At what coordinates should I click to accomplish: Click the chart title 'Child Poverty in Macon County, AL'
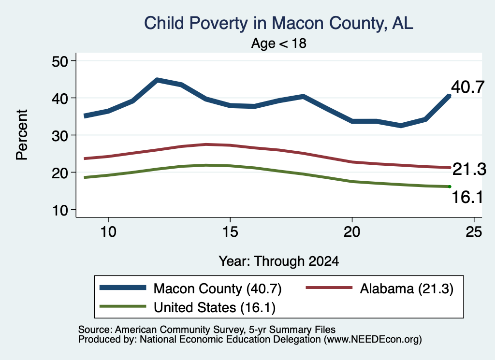[278, 23]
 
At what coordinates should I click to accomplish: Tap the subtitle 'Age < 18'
[279, 43]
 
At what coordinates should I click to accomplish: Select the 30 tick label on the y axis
[60, 136]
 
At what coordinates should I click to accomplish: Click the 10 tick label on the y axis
[60, 210]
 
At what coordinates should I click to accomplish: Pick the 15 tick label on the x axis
[230, 232]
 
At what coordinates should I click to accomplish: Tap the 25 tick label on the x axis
[474, 232]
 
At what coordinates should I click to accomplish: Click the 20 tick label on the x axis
[352, 232]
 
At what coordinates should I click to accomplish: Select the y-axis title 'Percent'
[22, 135]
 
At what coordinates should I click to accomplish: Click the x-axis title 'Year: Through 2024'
[279, 261]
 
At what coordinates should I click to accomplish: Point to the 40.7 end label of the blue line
[467, 87]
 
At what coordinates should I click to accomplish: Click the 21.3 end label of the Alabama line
[469, 169]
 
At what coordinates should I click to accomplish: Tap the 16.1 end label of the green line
[467, 197]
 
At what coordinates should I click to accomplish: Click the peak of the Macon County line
[157, 80]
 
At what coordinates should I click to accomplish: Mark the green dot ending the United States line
[450, 187]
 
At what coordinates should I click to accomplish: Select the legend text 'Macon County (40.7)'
[218, 288]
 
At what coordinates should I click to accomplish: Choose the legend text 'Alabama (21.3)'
[407, 288]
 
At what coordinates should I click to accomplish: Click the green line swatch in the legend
[123, 306]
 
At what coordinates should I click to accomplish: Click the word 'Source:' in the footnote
[95, 330]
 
